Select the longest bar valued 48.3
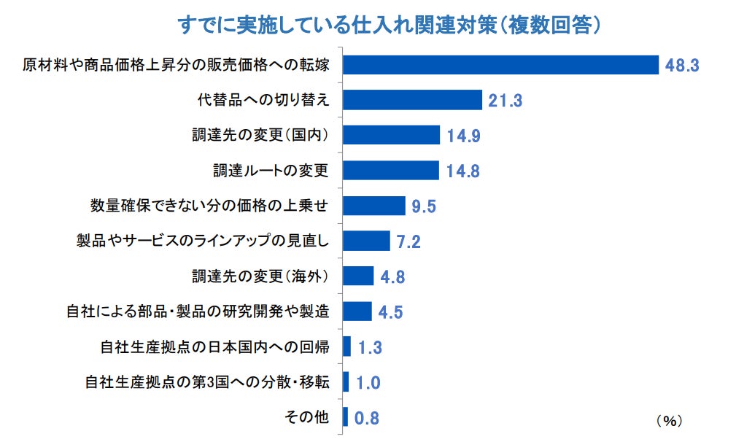tap(500, 64)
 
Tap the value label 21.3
tap(505, 101)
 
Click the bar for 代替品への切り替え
tap(412, 100)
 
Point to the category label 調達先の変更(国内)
tap(259, 136)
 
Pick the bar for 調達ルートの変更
tap(390, 171)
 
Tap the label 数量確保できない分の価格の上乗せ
tap(209, 206)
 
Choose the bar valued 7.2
tap(366, 241)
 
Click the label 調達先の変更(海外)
tap(259, 276)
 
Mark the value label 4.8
tap(392, 277)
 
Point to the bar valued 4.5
tap(357, 311)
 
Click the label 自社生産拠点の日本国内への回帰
tap(214, 347)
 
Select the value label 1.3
tap(371, 348)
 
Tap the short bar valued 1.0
tap(346, 381)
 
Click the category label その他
tap(306, 418)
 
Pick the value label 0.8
tap(366, 419)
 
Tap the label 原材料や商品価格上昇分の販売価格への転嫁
tap(177, 65)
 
